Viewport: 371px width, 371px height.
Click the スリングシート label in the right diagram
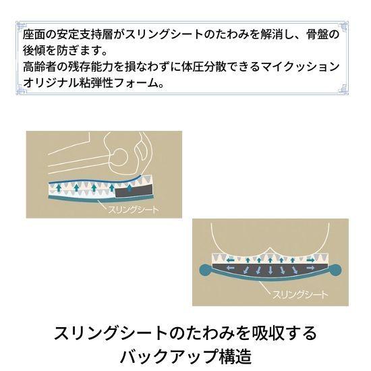click(299, 295)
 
